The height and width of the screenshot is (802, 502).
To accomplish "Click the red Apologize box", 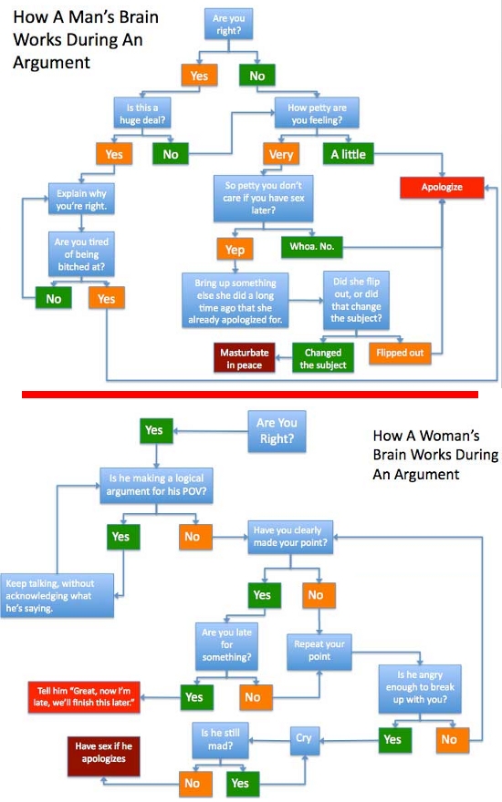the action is (x=442, y=187).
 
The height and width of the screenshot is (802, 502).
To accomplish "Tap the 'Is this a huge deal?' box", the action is (x=141, y=114).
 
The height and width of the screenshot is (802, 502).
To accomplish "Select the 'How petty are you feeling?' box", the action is (x=317, y=114).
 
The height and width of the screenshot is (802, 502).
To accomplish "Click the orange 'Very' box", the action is (x=281, y=154).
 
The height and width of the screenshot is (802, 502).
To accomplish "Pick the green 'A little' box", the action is (x=349, y=154).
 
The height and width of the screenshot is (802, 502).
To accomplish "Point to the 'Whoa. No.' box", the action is (x=311, y=247).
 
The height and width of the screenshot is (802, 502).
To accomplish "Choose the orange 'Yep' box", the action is (x=235, y=250).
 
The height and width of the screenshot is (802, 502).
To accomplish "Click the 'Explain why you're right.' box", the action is (x=81, y=200).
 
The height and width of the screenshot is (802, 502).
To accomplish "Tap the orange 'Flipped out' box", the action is (x=400, y=353).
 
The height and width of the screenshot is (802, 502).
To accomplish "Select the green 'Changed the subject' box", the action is (x=323, y=358).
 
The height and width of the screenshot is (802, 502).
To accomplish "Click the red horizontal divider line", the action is (x=250, y=395).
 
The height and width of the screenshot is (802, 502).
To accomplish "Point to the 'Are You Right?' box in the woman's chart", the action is (x=277, y=431).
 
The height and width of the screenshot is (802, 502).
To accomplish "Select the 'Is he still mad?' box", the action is (x=220, y=740).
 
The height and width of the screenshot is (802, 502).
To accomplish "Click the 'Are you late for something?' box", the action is (x=226, y=646).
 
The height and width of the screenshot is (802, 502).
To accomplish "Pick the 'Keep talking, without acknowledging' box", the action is (x=57, y=596).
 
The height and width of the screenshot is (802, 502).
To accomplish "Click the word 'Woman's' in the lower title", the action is (x=449, y=436).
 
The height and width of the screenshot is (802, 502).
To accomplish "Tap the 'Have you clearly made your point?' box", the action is (x=290, y=537).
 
